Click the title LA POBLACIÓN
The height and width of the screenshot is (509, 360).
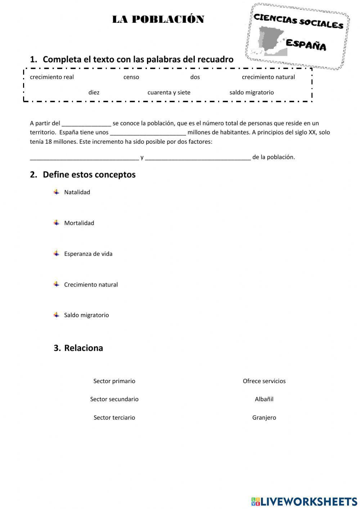(x=158, y=19)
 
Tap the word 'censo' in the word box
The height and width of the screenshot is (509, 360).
(x=131, y=77)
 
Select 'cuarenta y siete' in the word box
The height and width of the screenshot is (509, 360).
(x=169, y=93)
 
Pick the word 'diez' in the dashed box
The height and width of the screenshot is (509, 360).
(x=94, y=93)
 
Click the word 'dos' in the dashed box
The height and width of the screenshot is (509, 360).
(x=195, y=77)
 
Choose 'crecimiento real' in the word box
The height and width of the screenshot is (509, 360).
(x=52, y=77)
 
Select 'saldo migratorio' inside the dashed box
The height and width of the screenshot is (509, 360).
(x=252, y=93)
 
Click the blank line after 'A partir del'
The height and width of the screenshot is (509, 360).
(x=86, y=124)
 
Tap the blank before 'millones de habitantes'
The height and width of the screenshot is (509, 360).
(x=148, y=133)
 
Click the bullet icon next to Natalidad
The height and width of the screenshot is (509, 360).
(x=57, y=192)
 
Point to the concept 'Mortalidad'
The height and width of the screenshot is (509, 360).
(x=79, y=223)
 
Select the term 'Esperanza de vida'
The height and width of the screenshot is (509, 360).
(x=88, y=254)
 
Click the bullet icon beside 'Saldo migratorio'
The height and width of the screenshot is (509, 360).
(x=57, y=315)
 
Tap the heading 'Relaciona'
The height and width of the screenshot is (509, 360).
(x=84, y=348)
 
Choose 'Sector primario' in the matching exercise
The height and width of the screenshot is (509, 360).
(x=114, y=381)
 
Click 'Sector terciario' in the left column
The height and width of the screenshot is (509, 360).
(x=114, y=418)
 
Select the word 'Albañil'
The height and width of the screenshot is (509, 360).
(x=264, y=399)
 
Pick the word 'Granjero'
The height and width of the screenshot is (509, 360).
(x=264, y=418)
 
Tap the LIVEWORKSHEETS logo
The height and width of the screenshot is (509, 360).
(x=304, y=501)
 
